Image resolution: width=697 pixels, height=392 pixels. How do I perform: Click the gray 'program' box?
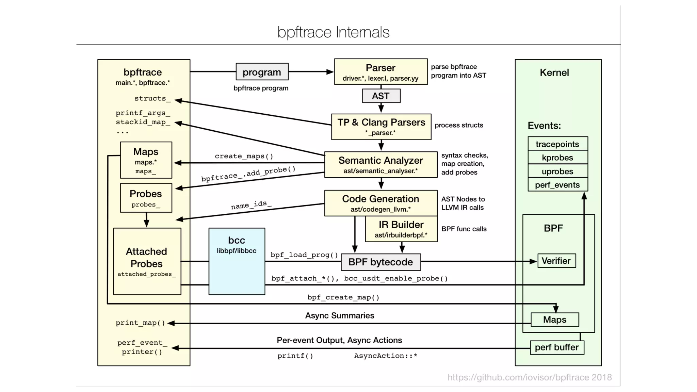point(262,72)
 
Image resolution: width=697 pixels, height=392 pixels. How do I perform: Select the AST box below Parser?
point(381,96)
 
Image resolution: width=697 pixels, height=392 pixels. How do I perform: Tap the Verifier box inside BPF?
point(556,261)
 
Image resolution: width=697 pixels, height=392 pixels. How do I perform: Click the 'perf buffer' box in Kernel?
point(557,347)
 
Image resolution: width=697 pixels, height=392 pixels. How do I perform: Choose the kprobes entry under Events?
point(557,158)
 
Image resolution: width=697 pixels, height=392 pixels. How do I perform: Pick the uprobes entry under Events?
point(557,171)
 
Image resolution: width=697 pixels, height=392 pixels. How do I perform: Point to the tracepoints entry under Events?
point(557,144)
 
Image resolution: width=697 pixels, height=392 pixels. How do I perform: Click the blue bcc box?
point(237,261)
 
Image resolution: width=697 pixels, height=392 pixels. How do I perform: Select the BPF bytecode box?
point(380,262)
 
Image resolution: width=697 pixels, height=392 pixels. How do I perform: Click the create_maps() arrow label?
point(244,156)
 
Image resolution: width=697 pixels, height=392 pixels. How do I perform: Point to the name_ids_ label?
point(252,205)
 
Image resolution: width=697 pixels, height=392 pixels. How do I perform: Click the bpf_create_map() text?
point(343,297)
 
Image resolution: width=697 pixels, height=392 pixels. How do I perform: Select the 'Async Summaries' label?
point(339,315)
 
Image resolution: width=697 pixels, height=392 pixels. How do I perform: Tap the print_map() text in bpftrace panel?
point(140,323)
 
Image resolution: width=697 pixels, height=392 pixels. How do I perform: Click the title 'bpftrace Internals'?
point(333,32)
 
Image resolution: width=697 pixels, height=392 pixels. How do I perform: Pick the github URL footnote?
point(529,377)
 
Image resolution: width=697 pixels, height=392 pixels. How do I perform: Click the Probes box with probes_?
point(146,198)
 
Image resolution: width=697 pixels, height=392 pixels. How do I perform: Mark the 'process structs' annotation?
point(458,125)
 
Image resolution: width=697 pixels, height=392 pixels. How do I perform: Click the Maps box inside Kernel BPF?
point(554,320)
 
